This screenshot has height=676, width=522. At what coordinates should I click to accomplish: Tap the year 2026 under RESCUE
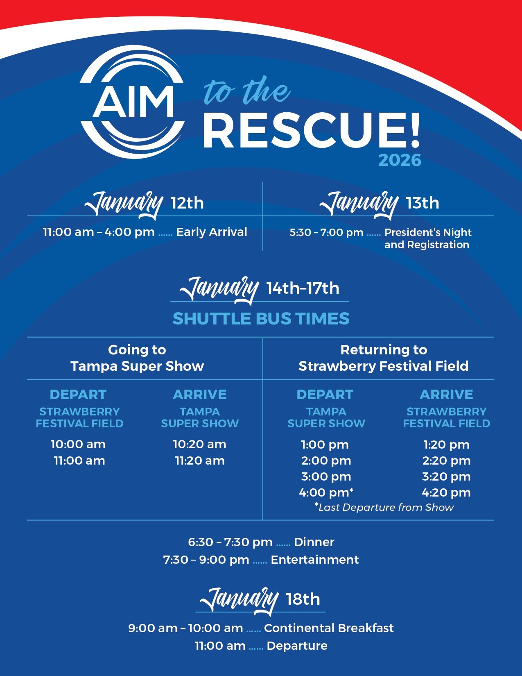[x=400, y=160]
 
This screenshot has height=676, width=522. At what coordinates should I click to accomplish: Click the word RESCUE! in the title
[x=311, y=130]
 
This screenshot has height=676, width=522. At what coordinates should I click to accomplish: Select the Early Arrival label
[x=211, y=232]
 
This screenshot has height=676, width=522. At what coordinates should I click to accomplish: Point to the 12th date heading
[x=187, y=203]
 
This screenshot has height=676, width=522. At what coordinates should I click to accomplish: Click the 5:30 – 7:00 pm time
[x=326, y=232]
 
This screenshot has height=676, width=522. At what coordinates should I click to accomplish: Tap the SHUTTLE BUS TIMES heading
[x=261, y=319]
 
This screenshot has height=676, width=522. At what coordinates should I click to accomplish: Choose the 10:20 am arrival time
[x=200, y=444]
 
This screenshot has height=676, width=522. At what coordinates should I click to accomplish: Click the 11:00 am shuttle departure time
[x=79, y=461]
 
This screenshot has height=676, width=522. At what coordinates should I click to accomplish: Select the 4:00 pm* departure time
[x=326, y=492]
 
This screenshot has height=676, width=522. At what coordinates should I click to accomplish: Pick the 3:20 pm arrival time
[x=446, y=476]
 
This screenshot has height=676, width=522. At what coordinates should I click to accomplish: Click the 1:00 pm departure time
[x=325, y=445]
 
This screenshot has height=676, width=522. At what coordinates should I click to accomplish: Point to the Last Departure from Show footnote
[x=384, y=507]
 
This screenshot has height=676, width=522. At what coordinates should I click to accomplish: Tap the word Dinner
[x=314, y=542]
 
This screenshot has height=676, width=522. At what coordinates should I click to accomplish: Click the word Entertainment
[x=314, y=560]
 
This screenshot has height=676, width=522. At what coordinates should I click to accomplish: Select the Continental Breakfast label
[x=329, y=628]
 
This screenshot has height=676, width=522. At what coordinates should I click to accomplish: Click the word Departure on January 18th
[x=297, y=646]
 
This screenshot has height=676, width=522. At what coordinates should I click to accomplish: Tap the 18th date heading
[x=303, y=599]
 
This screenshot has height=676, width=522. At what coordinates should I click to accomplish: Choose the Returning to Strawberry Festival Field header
[x=383, y=358]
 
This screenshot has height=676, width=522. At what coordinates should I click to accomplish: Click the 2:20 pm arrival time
[x=446, y=461]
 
